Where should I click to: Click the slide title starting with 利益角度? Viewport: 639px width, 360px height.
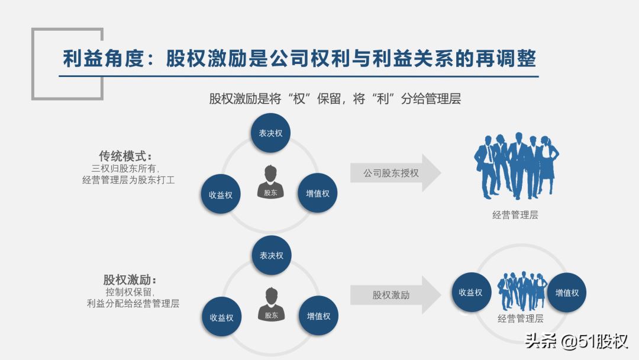click(299, 59)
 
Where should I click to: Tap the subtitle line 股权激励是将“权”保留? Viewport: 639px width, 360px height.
click(335, 99)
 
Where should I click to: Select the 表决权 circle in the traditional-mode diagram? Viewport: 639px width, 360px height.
click(270, 133)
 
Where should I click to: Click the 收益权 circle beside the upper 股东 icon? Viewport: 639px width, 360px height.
click(221, 194)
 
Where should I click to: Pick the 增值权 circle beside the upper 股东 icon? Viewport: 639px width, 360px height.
click(318, 193)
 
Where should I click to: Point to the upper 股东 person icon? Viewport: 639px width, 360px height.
click(270, 182)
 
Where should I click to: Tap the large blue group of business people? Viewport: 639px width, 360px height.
click(517, 166)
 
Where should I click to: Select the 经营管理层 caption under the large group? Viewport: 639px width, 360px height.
click(515, 215)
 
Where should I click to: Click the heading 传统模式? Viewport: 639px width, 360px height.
click(125, 156)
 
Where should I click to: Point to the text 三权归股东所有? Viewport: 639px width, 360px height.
click(125, 168)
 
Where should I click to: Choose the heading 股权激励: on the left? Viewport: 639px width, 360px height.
click(130, 279)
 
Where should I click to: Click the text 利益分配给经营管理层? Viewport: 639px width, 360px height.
click(133, 303)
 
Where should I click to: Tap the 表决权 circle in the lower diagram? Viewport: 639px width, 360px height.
click(272, 255)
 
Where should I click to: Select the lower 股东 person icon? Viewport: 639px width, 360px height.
click(272, 304)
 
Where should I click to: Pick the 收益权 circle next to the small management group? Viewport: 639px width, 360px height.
click(472, 292)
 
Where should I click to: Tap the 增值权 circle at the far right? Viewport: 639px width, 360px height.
click(566, 292)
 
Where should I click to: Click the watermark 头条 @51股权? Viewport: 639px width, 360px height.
click(576, 341)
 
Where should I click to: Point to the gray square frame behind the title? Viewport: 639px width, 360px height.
click(67, 63)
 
